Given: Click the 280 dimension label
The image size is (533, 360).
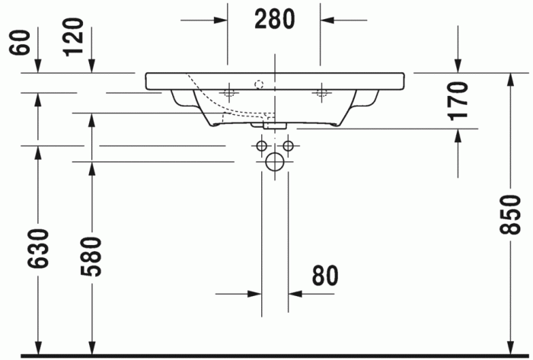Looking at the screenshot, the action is coord(275,19).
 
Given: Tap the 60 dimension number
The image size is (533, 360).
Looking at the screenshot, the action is coord(20,43).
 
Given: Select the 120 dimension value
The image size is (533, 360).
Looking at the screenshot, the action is coord(73,37).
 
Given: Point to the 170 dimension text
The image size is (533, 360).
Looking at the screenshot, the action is coord(458,101).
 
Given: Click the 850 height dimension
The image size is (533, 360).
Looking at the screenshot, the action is coord(510,215).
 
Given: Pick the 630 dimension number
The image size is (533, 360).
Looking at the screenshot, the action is coord(38,249).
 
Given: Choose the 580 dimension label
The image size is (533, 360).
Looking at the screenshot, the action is coord(91,256).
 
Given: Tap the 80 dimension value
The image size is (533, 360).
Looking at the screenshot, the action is coord(325,275).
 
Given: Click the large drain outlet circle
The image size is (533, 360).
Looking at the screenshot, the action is coord(275,161).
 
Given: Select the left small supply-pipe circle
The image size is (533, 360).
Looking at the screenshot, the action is coord(262,145).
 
